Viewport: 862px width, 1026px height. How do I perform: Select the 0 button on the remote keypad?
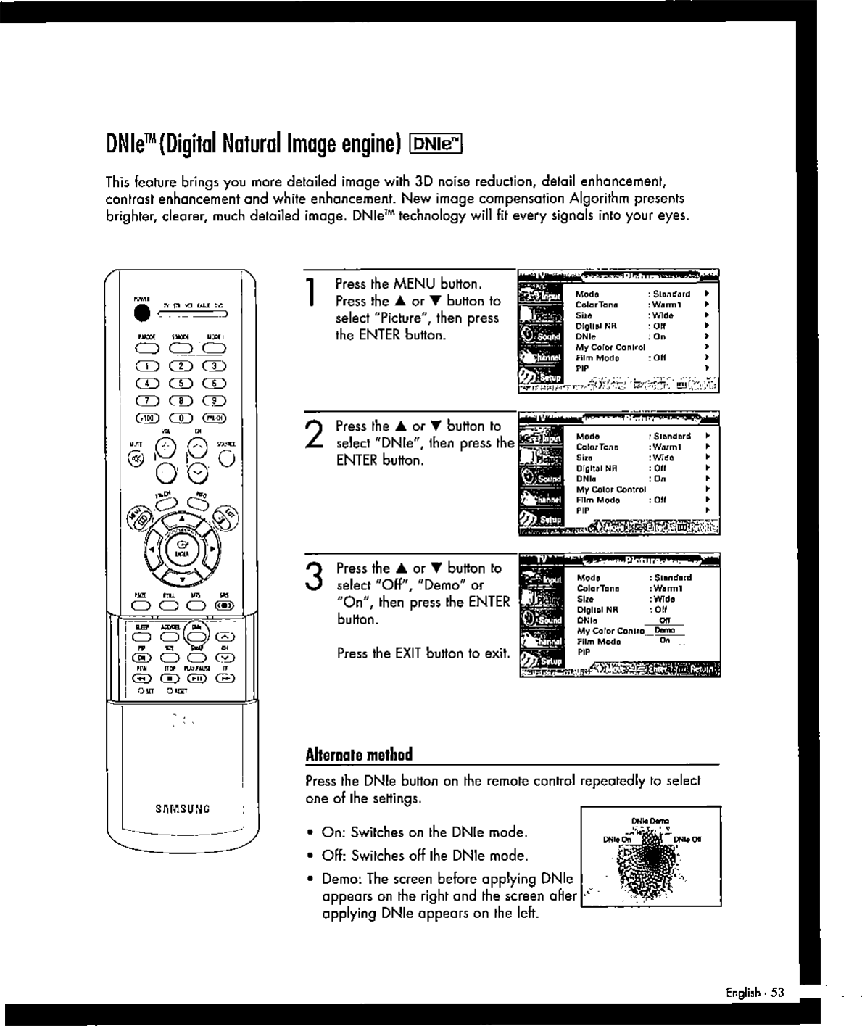tap(181, 418)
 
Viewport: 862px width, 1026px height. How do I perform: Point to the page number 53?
tap(777, 992)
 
